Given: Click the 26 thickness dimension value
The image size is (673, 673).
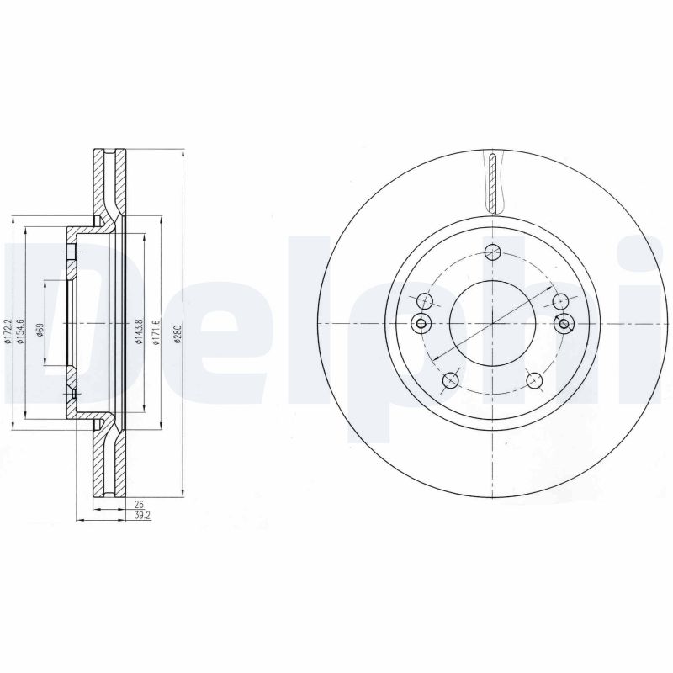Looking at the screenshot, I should (138, 505).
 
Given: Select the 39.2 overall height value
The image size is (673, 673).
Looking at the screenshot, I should (140, 516).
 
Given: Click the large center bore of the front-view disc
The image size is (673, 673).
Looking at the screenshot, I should (492, 323).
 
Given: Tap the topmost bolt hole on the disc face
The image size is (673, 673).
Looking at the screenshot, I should (493, 252).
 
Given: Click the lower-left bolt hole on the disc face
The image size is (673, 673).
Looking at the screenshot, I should (451, 380).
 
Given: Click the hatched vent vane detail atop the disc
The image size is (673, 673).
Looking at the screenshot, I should (493, 180).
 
